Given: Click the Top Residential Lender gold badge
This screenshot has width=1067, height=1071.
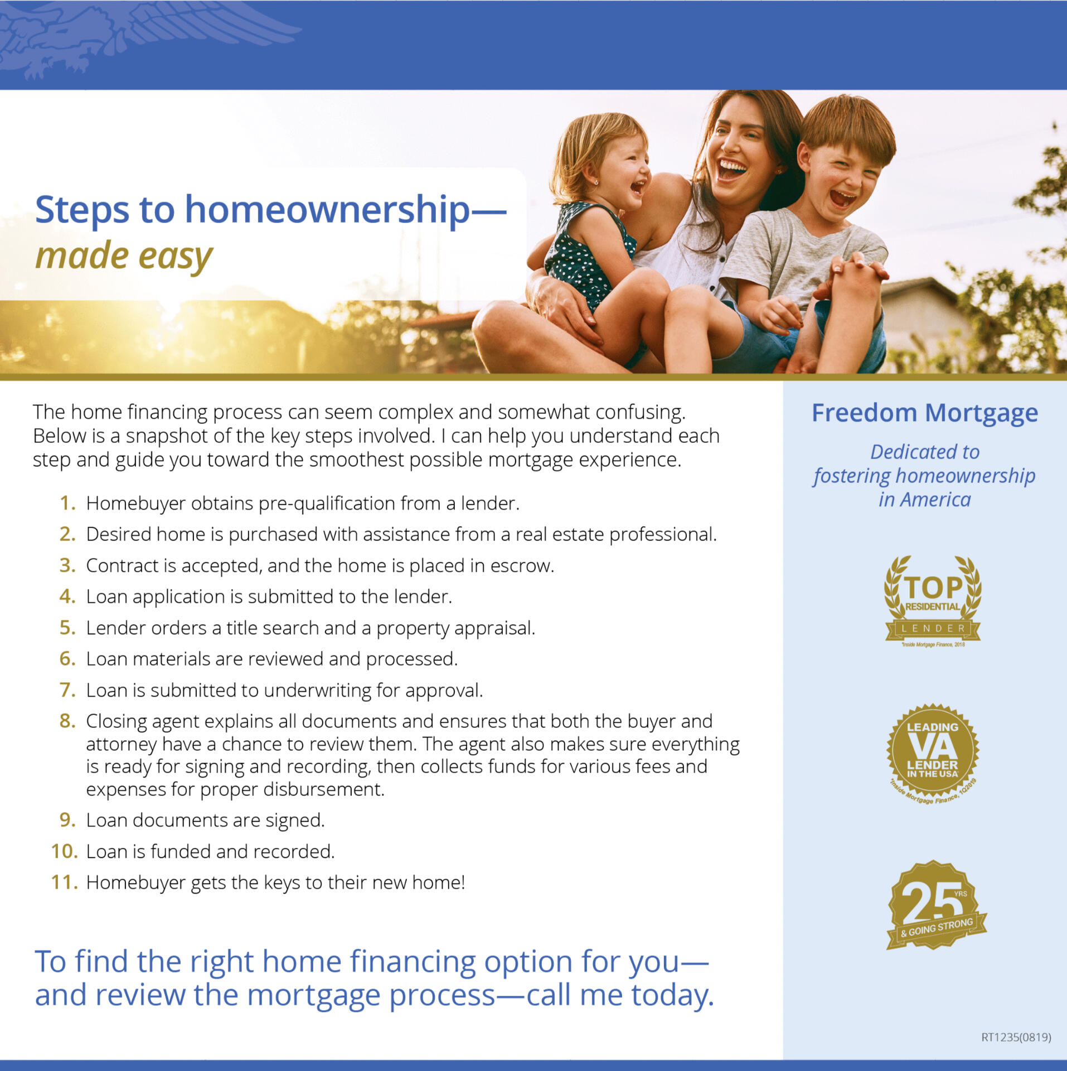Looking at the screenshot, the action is coord(933,601).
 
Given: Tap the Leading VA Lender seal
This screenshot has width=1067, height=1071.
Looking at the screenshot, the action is coord(933,753).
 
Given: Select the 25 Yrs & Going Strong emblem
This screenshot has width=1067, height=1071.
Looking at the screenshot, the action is coord(935,905).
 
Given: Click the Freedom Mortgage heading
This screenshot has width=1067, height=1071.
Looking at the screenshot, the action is coord(924,413).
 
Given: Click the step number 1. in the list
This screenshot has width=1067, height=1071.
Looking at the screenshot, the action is coord(67,503).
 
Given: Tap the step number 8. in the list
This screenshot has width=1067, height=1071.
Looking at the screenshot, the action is coord(67,721).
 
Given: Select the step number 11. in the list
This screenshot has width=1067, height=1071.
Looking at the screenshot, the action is coord(65,882).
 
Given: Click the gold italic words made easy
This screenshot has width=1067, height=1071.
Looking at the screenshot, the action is coord(124,257).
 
